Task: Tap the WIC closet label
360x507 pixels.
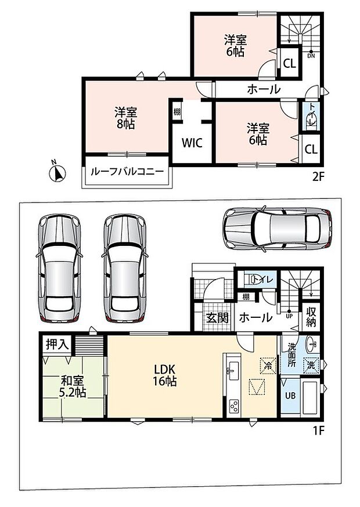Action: click(192, 142)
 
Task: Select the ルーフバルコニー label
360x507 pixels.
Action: click(127, 171)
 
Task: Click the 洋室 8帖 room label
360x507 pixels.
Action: click(125, 118)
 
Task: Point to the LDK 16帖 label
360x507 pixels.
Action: click(164, 375)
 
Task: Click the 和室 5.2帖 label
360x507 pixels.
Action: click(72, 387)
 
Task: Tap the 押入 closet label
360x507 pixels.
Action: click(57, 345)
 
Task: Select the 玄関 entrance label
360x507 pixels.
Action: click(217, 318)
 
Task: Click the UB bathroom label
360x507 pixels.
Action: click(290, 395)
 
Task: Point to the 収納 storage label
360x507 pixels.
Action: click(311, 317)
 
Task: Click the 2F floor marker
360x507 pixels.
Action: click(318, 176)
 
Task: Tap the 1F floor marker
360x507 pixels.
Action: click(318, 430)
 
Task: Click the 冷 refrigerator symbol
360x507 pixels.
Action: click(268, 366)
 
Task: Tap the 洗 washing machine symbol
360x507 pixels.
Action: click(311, 365)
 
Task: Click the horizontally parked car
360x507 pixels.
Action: click(278, 229)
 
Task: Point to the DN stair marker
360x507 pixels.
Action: click(311, 54)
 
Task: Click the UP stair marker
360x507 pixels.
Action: click(289, 314)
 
